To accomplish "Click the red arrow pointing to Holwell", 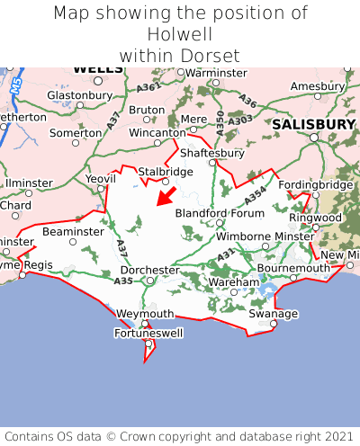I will click(x=166, y=195).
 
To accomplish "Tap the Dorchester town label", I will click(x=149, y=269).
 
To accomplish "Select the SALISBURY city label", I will click(x=314, y=123).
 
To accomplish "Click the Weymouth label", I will click(x=145, y=313).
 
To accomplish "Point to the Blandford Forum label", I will click(x=220, y=213).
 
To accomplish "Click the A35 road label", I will click(x=123, y=281).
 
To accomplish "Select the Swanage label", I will click(x=273, y=314).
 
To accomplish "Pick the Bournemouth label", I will click(x=294, y=268).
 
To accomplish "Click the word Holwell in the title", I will click(x=179, y=34).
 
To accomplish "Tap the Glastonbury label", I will click(x=78, y=94).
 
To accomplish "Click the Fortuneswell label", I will click(x=147, y=334).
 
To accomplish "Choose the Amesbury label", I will click(x=317, y=85).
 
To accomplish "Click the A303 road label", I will click(x=239, y=120).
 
